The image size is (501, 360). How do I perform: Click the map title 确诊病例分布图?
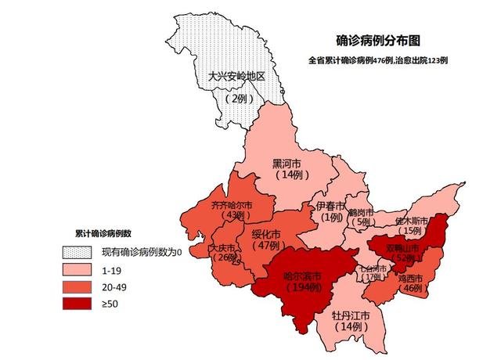(x=377, y=40)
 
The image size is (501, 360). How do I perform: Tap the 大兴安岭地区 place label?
(x=237, y=77)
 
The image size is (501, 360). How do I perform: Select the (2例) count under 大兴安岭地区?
(x=237, y=99)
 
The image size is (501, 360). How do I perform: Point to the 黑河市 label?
(x=287, y=164)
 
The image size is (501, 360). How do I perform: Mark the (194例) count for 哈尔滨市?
(x=302, y=287)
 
